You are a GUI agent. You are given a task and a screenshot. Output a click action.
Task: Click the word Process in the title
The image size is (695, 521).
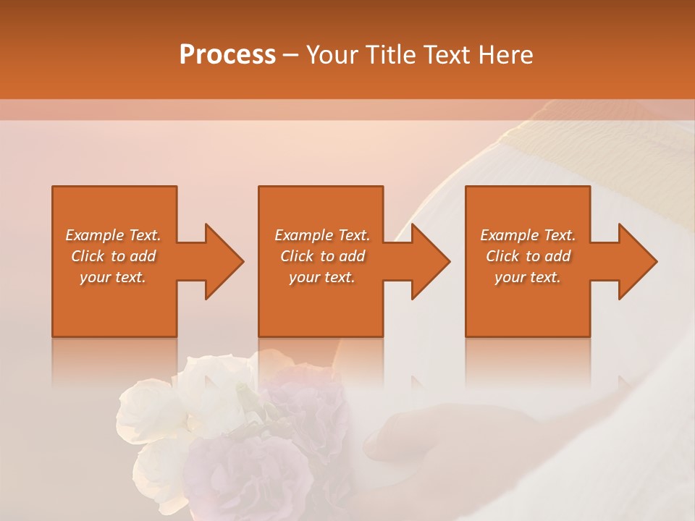coord(227,55)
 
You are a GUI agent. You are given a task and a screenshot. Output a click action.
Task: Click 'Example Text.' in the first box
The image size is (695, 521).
coord(113,235)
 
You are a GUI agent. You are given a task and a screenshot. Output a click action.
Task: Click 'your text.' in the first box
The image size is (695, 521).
coord(113,277)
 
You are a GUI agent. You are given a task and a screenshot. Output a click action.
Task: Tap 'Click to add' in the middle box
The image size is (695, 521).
coord(322,256)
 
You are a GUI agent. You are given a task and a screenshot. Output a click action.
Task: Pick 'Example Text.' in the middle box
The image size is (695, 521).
coord(322,235)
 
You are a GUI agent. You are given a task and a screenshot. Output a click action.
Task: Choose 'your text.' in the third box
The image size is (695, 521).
coord(528,277)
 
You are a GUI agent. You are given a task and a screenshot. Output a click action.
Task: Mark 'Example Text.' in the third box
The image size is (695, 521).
coord(528,235)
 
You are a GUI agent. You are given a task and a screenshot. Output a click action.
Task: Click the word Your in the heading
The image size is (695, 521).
coord(332,55)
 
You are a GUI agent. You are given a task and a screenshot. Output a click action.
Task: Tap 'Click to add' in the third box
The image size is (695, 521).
coord(528,256)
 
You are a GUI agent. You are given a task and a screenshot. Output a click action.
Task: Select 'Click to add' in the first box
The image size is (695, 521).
coord(113,256)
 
